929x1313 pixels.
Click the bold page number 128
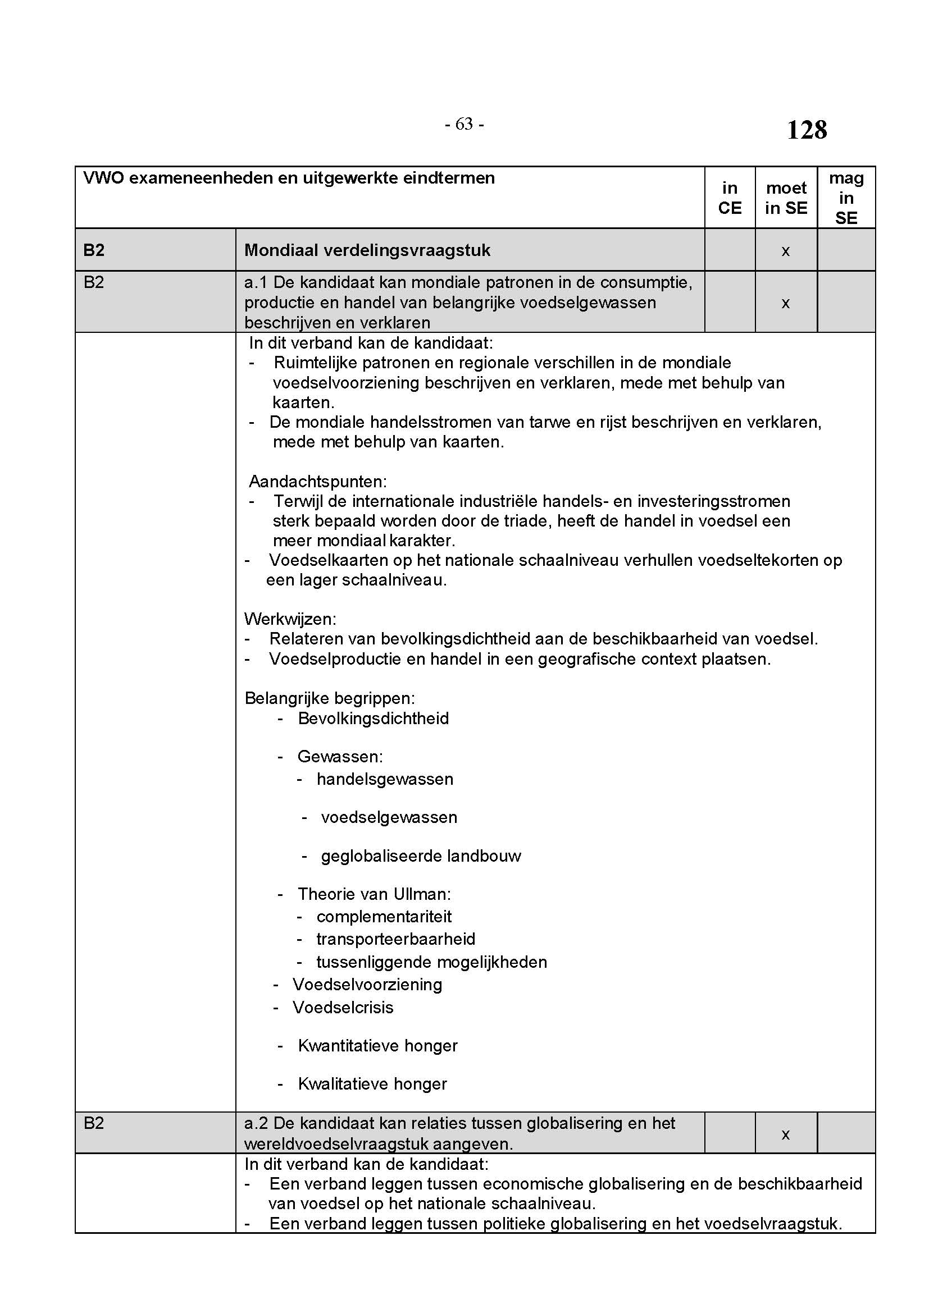[x=807, y=130]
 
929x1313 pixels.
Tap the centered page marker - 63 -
[x=464, y=124]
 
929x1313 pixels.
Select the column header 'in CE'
[x=730, y=198]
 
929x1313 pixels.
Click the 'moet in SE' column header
[x=786, y=198]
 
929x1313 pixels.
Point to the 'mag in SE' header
[x=846, y=198]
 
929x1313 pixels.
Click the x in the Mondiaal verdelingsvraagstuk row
[x=785, y=250]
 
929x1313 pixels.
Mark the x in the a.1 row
[x=785, y=303]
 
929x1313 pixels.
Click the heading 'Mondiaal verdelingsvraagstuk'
[x=367, y=250]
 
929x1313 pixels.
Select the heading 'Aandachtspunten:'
[x=317, y=482]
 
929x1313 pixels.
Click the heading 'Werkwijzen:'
[x=290, y=619]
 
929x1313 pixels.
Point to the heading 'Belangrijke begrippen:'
[x=330, y=698]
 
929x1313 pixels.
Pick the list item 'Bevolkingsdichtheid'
[x=373, y=719]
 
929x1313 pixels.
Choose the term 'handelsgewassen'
[x=384, y=779]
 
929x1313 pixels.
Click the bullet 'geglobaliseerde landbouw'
[x=421, y=856]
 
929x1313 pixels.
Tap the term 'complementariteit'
[x=384, y=917]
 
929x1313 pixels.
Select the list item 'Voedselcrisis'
[x=343, y=1007]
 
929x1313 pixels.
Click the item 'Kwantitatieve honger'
[x=377, y=1046]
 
